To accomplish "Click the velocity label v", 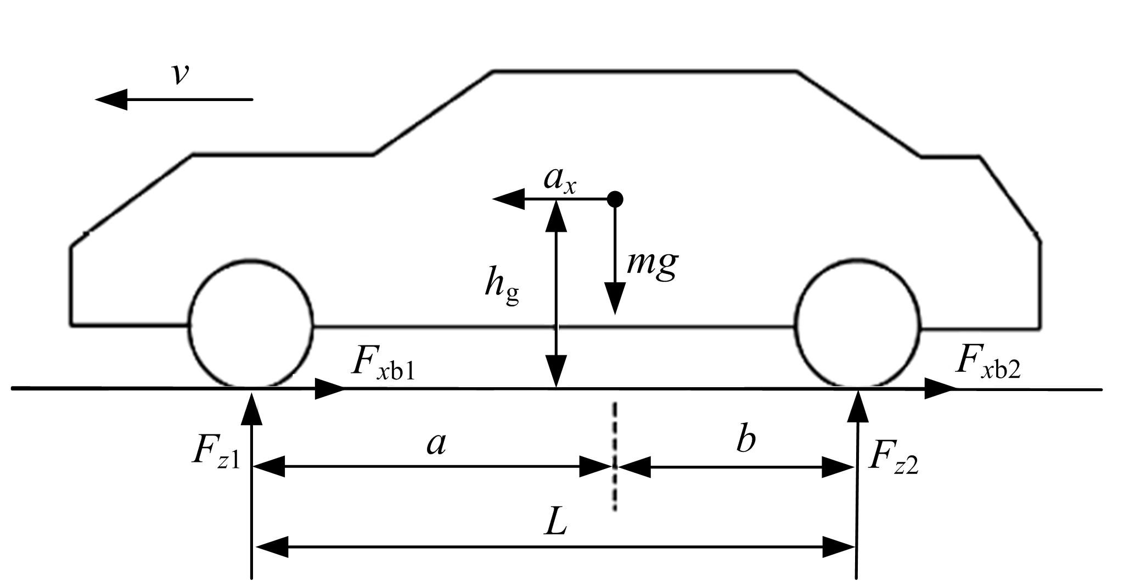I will [180, 74].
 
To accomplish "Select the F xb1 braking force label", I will [383, 364].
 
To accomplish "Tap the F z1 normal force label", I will [216, 453].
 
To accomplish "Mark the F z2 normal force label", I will [893, 459].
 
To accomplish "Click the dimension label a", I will [436, 443].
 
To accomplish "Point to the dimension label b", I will [745, 439].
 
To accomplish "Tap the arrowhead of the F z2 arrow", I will [858, 406].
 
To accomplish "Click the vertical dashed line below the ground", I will [615, 456].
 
